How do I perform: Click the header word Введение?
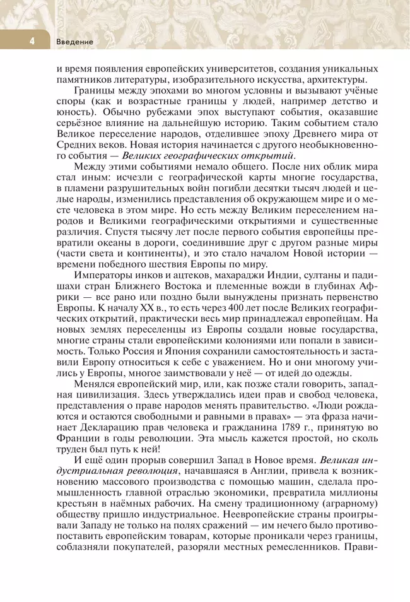tap(75, 42)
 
